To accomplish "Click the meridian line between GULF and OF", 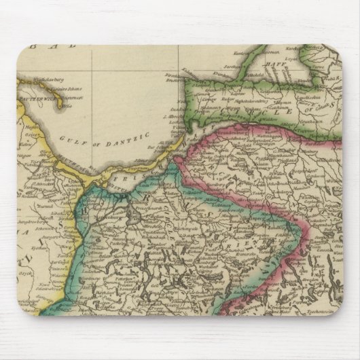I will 92,139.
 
